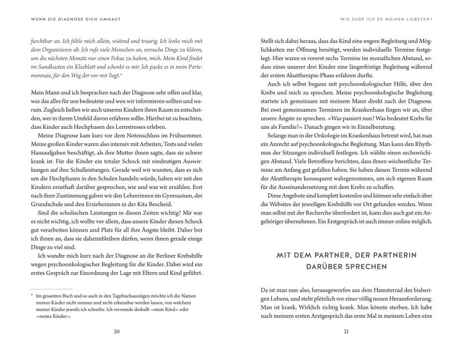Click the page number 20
pyautogui.click(x=116, y=332)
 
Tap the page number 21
pyautogui.click(x=346, y=332)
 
